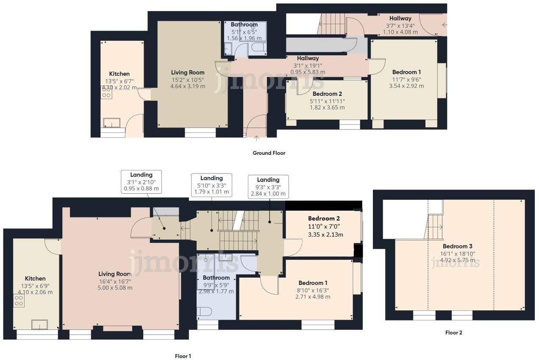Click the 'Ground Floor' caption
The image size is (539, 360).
(x=269, y=153)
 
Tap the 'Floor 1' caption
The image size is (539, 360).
(x=183, y=356)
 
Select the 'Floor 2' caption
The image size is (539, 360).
(x=453, y=333)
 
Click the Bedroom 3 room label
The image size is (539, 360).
(x=457, y=246)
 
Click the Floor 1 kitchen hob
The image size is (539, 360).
(x=19, y=301)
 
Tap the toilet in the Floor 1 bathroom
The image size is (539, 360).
(x=204, y=312)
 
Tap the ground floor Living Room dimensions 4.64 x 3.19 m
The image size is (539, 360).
(x=188, y=86)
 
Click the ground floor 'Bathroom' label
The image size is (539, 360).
(x=244, y=25)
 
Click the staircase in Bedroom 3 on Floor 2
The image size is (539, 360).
(x=434, y=226)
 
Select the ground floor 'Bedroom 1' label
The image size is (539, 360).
(x=406, y=72)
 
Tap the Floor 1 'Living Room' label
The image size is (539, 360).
(x=115, y=274)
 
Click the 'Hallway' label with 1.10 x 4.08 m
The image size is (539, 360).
(x=400, y=18)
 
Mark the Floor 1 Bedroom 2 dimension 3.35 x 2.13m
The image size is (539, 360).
(x=325, y=234)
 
